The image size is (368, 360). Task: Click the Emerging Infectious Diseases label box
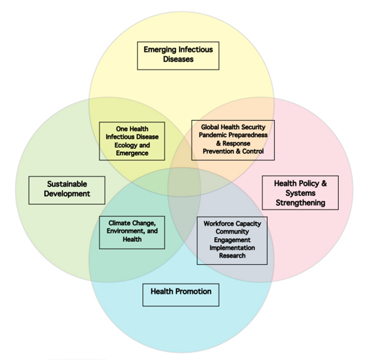[178, 54]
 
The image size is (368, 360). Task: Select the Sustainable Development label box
[67, 189]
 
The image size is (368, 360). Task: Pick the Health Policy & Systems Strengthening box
[300, 192]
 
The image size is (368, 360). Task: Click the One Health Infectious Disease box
[132, 141]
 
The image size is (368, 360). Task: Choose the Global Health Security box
[233, 139]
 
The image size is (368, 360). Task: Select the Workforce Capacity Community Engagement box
[232, 240]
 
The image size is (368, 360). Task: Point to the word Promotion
[193, 292]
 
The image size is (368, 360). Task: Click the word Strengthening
[300, 203]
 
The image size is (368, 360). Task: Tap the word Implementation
[232, 248]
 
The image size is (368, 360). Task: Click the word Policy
[310, 183]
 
